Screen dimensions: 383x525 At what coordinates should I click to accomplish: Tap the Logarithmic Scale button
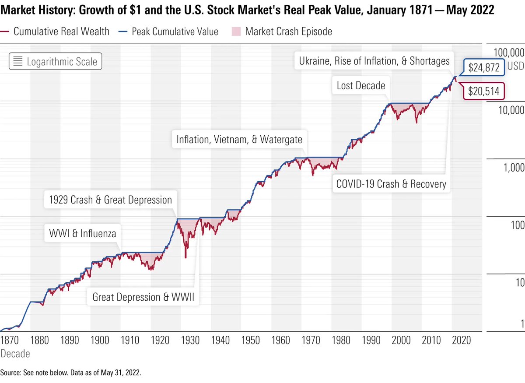point(56,61)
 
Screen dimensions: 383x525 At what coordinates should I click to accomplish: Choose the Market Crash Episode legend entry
point(282,31)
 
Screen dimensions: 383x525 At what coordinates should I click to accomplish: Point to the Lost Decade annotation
point(360,85)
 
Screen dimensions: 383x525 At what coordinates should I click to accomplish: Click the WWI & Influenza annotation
point(82,233)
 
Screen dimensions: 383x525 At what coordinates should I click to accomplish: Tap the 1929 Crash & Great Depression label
point(109,200)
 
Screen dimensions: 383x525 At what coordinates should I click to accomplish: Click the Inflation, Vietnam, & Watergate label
point(239,139)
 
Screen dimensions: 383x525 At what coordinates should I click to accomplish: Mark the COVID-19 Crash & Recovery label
point(391,184)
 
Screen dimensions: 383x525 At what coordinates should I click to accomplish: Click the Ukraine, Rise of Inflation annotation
point(374,61)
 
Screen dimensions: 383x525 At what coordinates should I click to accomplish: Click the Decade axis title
point(15,353)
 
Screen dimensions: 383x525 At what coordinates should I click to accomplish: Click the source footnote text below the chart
point(71,373)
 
